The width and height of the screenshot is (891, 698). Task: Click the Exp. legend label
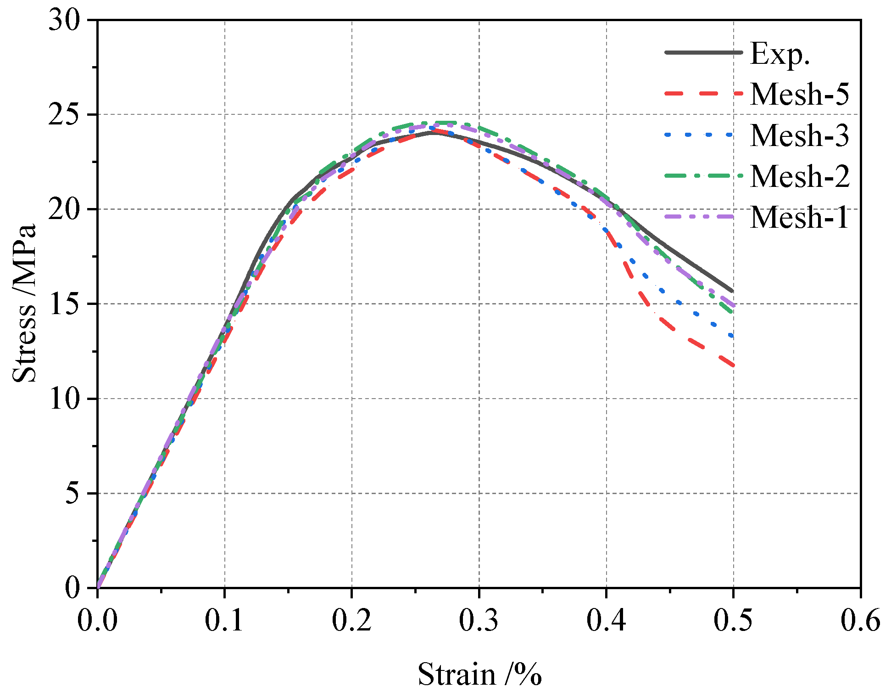tap(780, 54)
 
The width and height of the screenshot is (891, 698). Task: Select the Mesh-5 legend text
tap(800, 95)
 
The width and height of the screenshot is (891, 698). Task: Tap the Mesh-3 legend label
tap(800, 135)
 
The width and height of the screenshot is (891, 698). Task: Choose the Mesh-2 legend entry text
tap(800, 176)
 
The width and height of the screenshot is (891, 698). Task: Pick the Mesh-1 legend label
tap(800, 217)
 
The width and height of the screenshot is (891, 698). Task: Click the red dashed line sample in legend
tap(703, 93)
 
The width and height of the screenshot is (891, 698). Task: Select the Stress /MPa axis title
tap(24, 303)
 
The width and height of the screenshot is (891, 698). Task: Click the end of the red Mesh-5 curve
tap(733, 365)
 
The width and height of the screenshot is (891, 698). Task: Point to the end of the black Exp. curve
tap(732, 291)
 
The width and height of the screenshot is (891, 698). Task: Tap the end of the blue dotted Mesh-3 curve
tap(732, 336)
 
